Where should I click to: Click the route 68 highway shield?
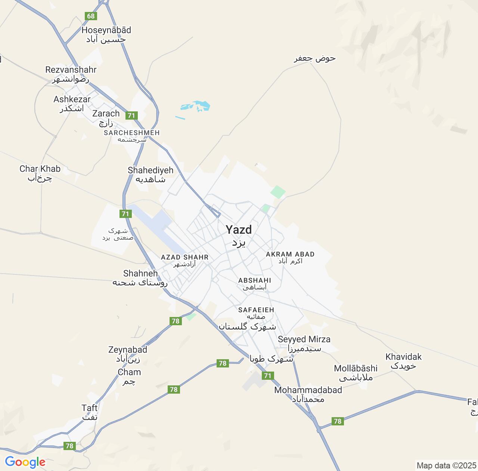[x=91, y=16]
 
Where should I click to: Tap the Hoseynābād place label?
[x=106, y=30]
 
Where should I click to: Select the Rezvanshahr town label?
[x=71, y=70]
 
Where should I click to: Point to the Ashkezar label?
[x=72, y=99]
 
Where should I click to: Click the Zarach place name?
[x=106, y=114]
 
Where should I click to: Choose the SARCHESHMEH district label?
[x=132, y=133]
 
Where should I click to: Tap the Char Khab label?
[x=40, y=169]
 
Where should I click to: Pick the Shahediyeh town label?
[x=150, y=170]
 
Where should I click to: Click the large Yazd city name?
[x=239, y=230]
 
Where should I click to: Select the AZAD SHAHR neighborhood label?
[x=184, y=257]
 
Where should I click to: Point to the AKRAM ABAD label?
[x=290, y=254]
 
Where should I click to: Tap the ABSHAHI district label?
[x=255, y=280]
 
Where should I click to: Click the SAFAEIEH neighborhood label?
[x=256, y=310]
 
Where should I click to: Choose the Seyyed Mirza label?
[x=304, y=339]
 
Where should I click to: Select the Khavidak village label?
[x=404, y=357]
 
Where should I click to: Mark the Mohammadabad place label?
[x=308, y=390]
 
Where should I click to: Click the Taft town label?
[x=90, y=408]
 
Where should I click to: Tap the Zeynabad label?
[x=128, y=350]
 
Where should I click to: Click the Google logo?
[x=25, y=462]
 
